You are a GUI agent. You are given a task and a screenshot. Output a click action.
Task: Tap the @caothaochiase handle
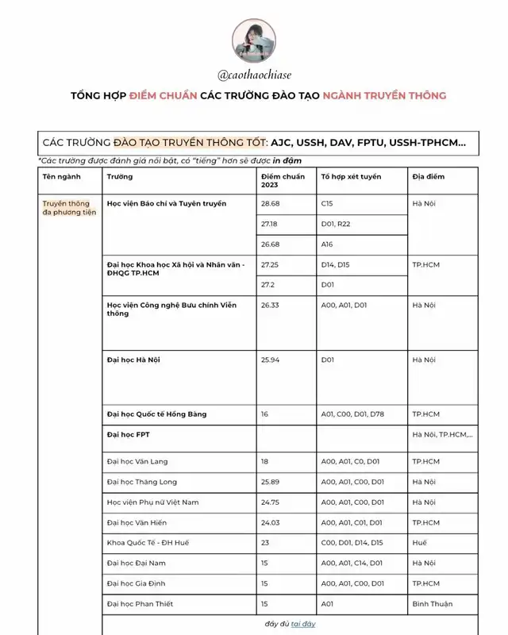click(x=254, y=75)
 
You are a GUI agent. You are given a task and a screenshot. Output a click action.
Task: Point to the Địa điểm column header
click(x=427, y=176)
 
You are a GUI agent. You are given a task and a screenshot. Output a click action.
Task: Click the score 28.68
click(x=271, y=204)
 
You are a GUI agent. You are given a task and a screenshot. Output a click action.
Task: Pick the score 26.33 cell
click(x=271, y=305)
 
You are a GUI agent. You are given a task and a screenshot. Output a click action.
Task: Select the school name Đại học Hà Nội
click(x=133, y=360)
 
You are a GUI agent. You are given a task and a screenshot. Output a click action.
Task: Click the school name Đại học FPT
click(x=128, y=435)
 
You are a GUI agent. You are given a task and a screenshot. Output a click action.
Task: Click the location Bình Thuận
click(x=432, y=604)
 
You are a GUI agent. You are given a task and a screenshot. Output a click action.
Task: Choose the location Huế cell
click(x=420, y=543)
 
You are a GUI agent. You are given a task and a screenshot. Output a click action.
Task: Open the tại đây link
click(x=302, y=624)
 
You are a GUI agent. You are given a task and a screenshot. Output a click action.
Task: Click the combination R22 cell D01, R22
click(x=336, y=225)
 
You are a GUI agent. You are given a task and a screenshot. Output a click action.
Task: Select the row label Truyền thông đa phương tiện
click(x=67, y=209)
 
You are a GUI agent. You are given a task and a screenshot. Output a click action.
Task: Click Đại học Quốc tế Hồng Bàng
click(x=156, y=414)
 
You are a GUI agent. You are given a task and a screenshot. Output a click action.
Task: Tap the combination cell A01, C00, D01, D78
click(x=352, y=414)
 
